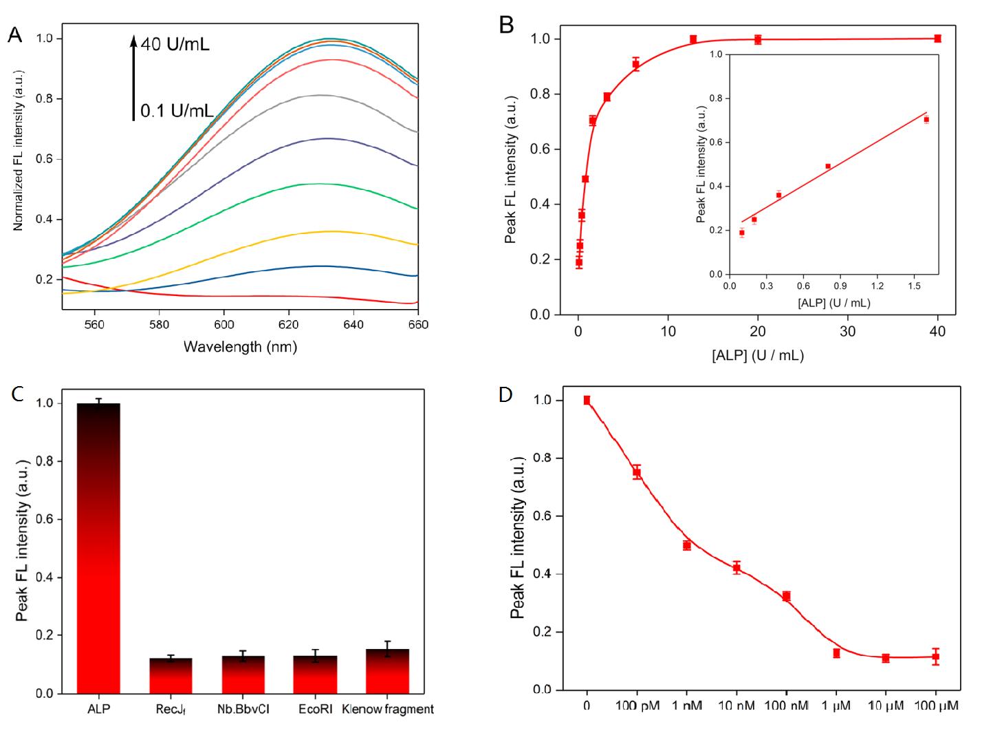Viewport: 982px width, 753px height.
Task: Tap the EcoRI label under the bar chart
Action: tap(314, 710)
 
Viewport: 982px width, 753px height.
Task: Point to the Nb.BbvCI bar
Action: tap(243, 675)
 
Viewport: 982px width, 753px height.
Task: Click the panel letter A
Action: tap(14, 35)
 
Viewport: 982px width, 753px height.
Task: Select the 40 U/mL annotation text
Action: tap(175, 45)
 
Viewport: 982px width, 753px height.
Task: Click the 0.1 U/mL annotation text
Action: tap(176, 110)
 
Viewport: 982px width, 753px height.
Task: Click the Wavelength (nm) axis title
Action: tap(240, 346)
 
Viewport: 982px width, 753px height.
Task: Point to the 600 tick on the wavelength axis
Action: tap(224, 325)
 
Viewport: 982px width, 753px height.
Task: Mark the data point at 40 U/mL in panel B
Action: tap(937, 39)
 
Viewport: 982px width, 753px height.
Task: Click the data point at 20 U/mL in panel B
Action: tap(758, 39)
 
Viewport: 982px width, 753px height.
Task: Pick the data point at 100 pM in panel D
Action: tap(637, 472)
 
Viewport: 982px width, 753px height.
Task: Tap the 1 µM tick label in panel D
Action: tap(836, 706)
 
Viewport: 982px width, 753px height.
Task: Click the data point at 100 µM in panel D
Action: tap(936, 657)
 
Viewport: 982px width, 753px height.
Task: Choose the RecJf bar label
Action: tap(171, 710)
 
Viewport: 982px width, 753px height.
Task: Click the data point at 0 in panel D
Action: tap(587, 400)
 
